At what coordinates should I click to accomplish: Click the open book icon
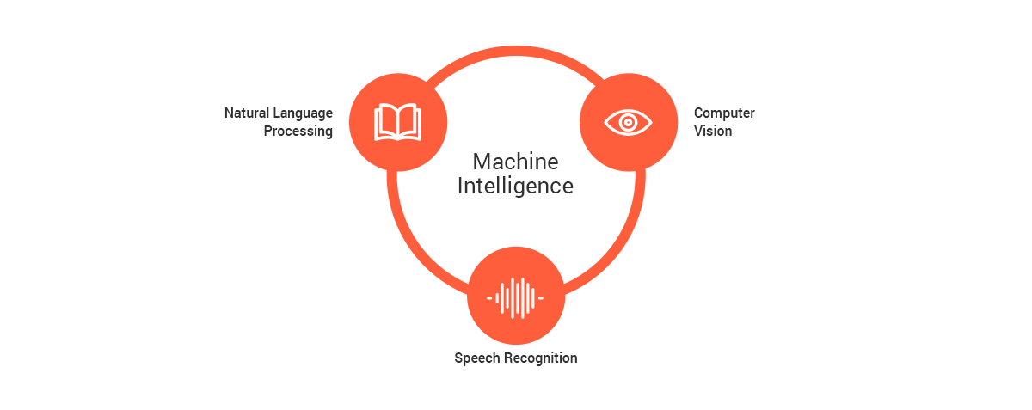point(398,121)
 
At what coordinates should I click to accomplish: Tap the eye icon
point(628,122)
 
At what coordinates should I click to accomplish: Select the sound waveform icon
point(516,297)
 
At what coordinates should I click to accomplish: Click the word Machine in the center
point(515,162)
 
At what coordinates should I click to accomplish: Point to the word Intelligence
point(515,186)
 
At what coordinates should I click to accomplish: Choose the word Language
point(304,113)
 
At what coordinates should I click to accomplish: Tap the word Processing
point(298,132)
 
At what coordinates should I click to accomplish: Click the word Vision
point(713,132)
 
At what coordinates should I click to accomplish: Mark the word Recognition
point(539,358)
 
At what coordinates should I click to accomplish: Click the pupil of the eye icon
point(628,122)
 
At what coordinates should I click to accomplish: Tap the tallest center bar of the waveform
point(516,297)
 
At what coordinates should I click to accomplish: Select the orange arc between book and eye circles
point(514,52)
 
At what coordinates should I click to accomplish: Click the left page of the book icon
point(386,121)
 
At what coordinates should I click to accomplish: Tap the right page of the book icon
point(409,121)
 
